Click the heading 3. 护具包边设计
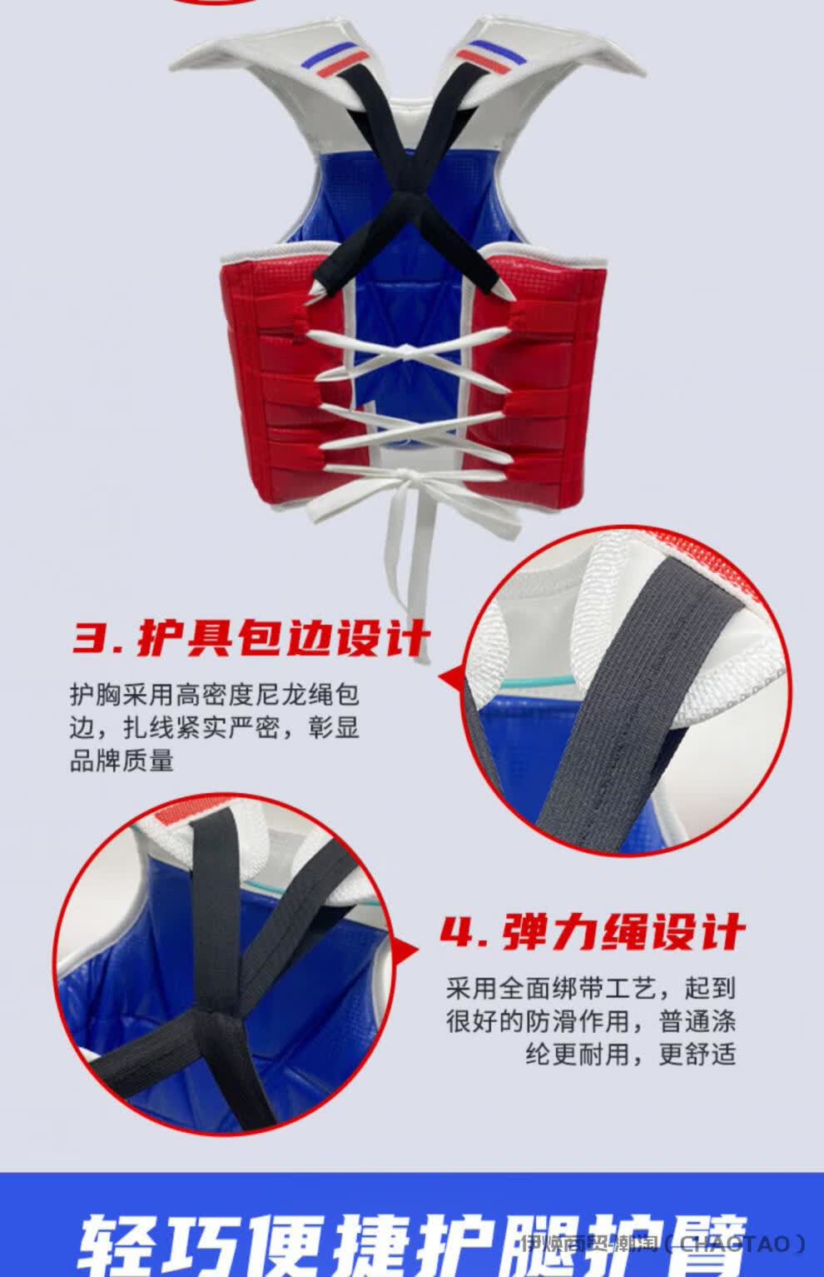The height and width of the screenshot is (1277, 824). point(250,640)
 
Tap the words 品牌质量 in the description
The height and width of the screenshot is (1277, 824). point(122,760)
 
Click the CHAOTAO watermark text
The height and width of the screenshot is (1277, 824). point(732,1245)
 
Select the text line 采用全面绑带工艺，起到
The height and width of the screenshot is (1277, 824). point(591,989)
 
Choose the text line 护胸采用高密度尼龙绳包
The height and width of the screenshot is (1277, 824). point(215,695)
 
